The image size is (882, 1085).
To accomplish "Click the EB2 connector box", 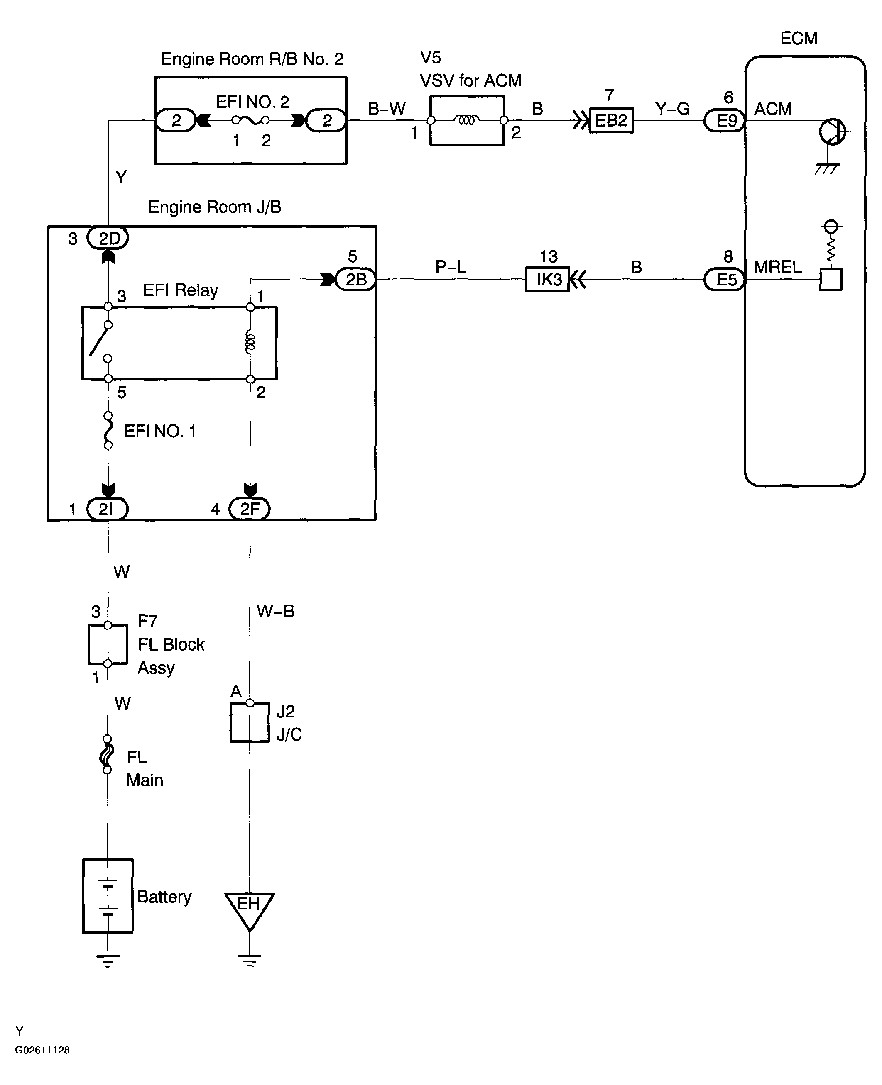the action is (x=611, y=120).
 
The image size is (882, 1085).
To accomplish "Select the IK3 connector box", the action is (x=547, y=279).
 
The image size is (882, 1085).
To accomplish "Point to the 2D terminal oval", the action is (x=108, y=238).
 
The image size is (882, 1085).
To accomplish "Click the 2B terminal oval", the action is (x=355, y=279).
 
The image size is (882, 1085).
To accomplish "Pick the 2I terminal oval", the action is (x=107, y=509).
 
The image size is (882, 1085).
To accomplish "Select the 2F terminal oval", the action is (x=250, y=509).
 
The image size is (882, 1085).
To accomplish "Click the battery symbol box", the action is (x=108, y=896).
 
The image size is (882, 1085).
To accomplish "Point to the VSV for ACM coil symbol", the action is (x=467, y=120).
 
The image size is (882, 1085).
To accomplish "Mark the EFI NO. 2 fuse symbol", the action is (x=250, y=120).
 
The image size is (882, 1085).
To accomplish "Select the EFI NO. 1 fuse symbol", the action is (x=108, y=431).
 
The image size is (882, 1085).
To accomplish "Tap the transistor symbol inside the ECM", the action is (x=832, y=132).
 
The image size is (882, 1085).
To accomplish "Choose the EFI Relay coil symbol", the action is (x=250, y=342).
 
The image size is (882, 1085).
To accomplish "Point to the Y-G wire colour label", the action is (x=673, y=109).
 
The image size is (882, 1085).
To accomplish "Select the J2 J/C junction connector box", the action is (x=250, y=722).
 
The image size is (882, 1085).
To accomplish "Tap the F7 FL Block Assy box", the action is (x=108, y=644).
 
